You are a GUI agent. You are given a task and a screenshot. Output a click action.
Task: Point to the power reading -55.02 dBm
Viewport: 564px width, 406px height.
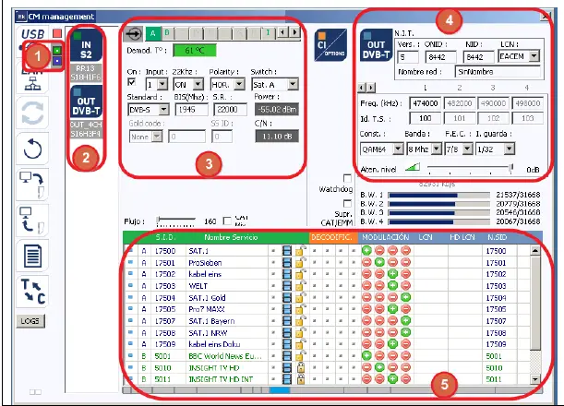(x=276, y=109)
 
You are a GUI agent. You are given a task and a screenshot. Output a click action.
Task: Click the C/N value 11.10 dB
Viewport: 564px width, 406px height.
(x=275, y=136)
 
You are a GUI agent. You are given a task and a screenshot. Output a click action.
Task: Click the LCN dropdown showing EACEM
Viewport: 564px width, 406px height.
(x=516, y=55)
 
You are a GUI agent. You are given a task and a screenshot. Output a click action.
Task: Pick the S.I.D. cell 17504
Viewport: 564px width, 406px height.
(x=165, y=298)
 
